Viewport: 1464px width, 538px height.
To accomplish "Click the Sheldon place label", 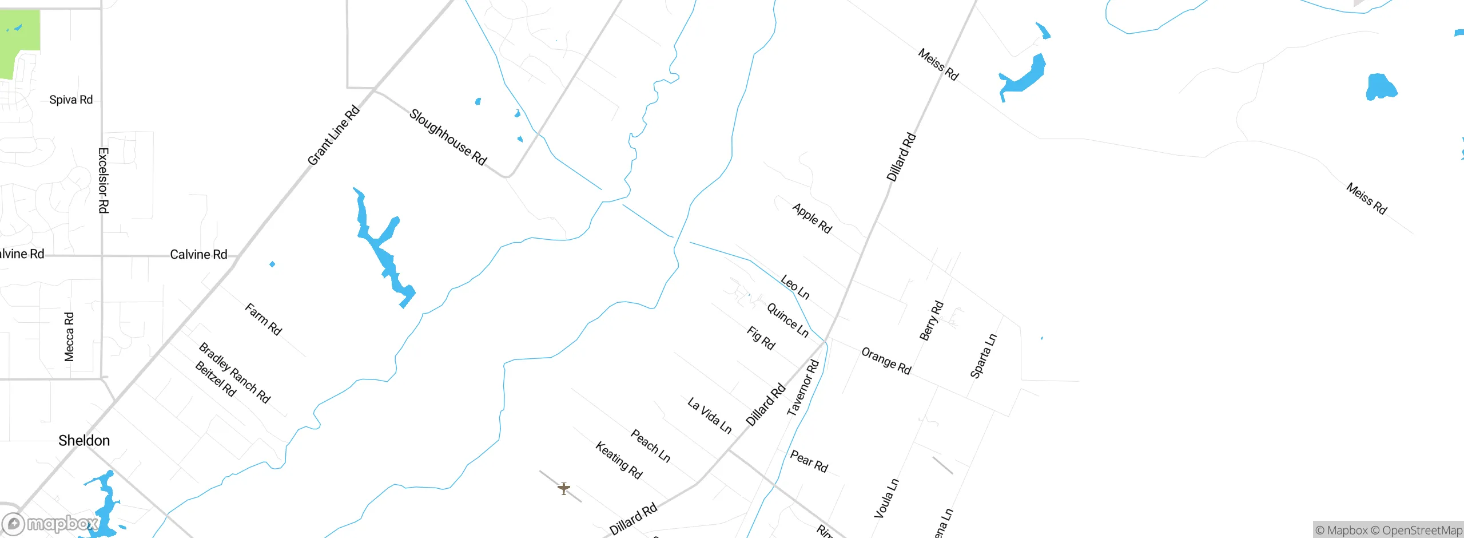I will point(84,440).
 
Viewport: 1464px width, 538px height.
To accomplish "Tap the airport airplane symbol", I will point(564,488).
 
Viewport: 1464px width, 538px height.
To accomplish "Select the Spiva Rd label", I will point(71,100).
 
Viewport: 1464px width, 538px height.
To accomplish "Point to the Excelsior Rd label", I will point(104,180).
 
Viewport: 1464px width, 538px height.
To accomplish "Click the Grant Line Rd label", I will point(333,135).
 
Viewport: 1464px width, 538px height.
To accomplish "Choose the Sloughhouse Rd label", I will point(448,137).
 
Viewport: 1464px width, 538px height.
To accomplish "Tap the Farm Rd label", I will point(263,319).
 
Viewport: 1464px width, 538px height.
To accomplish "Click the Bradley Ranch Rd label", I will point(234,373).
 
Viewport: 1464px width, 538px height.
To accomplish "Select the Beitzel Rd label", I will point(216,379).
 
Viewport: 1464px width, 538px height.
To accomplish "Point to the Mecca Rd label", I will point(69,337).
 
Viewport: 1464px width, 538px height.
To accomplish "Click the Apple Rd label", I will point(812,218).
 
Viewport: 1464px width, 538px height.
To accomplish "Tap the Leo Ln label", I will point(795,287).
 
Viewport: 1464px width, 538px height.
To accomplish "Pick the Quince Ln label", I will point(787,320).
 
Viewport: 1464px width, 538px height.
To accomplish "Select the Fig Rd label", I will point(761,338).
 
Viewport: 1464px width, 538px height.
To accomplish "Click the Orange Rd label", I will point(886,361).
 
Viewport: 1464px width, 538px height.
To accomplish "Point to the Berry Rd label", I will point(931,321).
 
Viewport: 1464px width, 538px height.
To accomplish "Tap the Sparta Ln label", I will point(983,356).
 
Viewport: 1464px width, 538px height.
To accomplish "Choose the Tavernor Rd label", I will point(803,388).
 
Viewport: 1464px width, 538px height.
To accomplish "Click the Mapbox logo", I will point(50,524).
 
